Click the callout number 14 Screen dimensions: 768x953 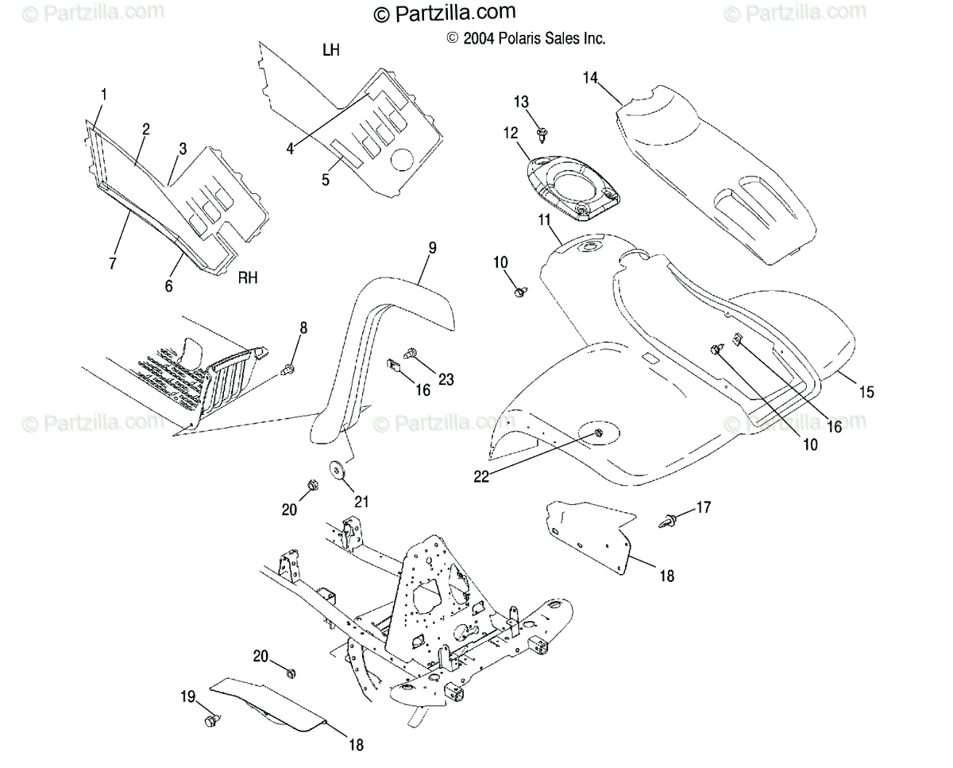click(x=589, y=77)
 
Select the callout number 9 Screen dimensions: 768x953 click(x=432, y=248)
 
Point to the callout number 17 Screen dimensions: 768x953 click(x=704, y=506)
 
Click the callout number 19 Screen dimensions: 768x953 click(x=187, y=697)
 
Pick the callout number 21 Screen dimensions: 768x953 click(x=361, y=501)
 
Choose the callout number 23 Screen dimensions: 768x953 click(x=446, y=380)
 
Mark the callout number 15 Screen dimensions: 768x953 click(x=866, y=391)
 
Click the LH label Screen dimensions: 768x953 click(x=331, y=50)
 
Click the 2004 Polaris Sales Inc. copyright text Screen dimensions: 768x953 click(x=526, y=38)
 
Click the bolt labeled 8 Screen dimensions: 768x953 click(x=287, y=368)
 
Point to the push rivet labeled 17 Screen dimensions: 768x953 click(x=668, y=522)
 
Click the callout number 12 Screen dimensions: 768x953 click(x=509, y=134)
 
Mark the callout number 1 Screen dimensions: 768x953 click(x=103, y=95)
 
